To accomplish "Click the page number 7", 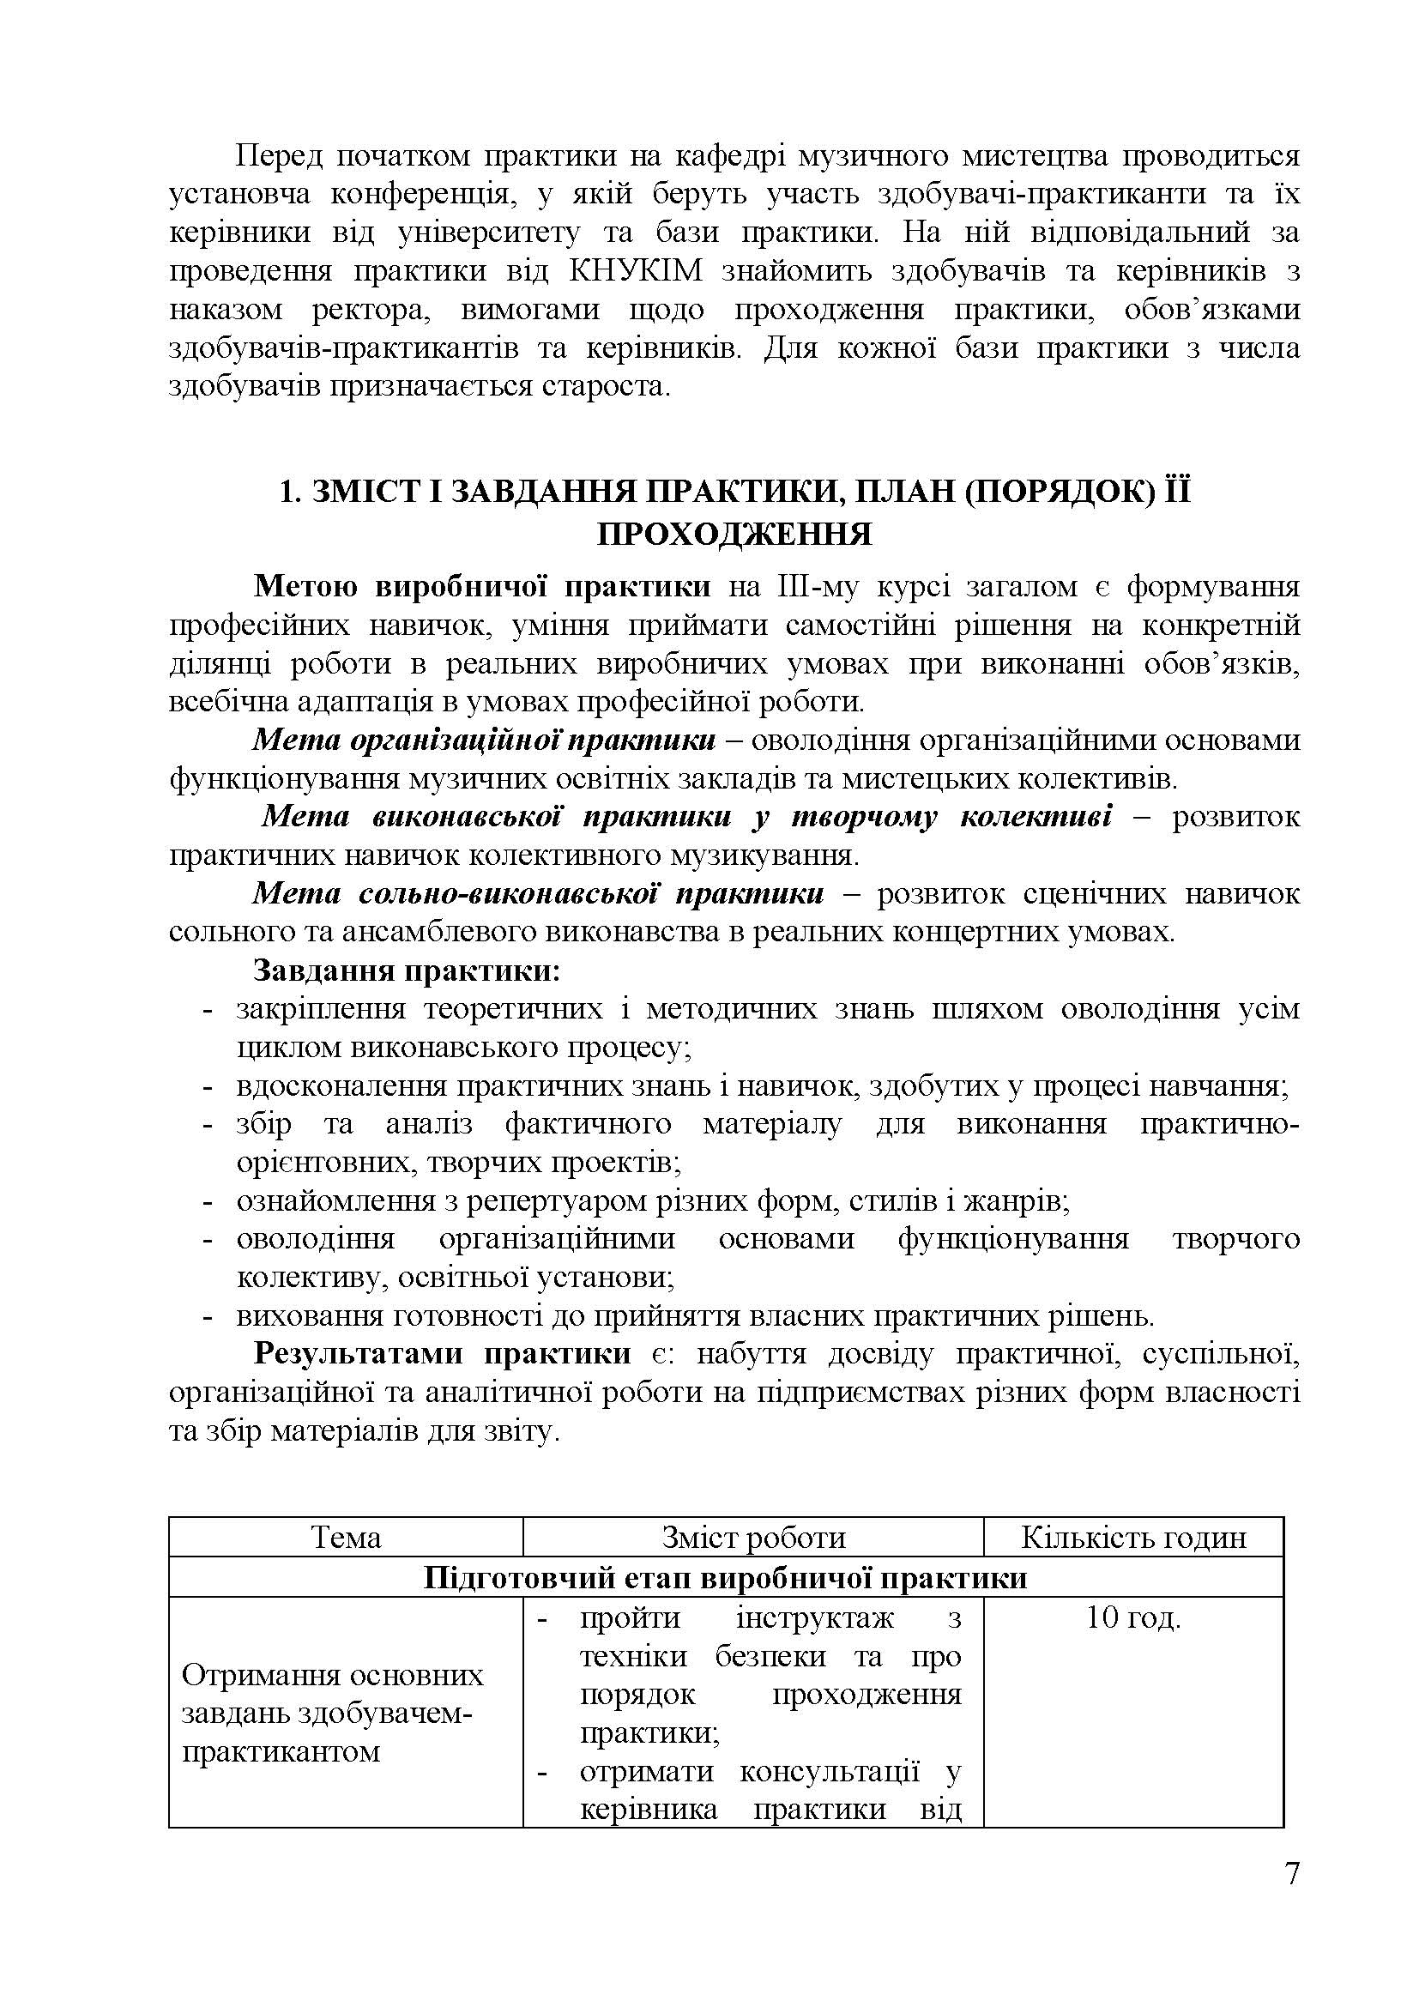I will [1292, 1873].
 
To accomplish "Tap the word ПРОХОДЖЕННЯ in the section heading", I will [734, 533].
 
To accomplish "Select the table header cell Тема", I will [346, 1538].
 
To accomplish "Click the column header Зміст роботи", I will [753, 1538].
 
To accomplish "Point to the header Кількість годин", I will [1133, 1538].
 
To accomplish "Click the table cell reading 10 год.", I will [1133, 1618].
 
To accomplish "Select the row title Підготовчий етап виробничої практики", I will [725, 1578].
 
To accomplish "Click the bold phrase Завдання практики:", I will [408, 970].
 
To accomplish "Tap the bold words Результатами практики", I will [442, 1354].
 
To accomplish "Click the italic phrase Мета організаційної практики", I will [483, 741].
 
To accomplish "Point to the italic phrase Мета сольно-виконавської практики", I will [537, 893].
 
